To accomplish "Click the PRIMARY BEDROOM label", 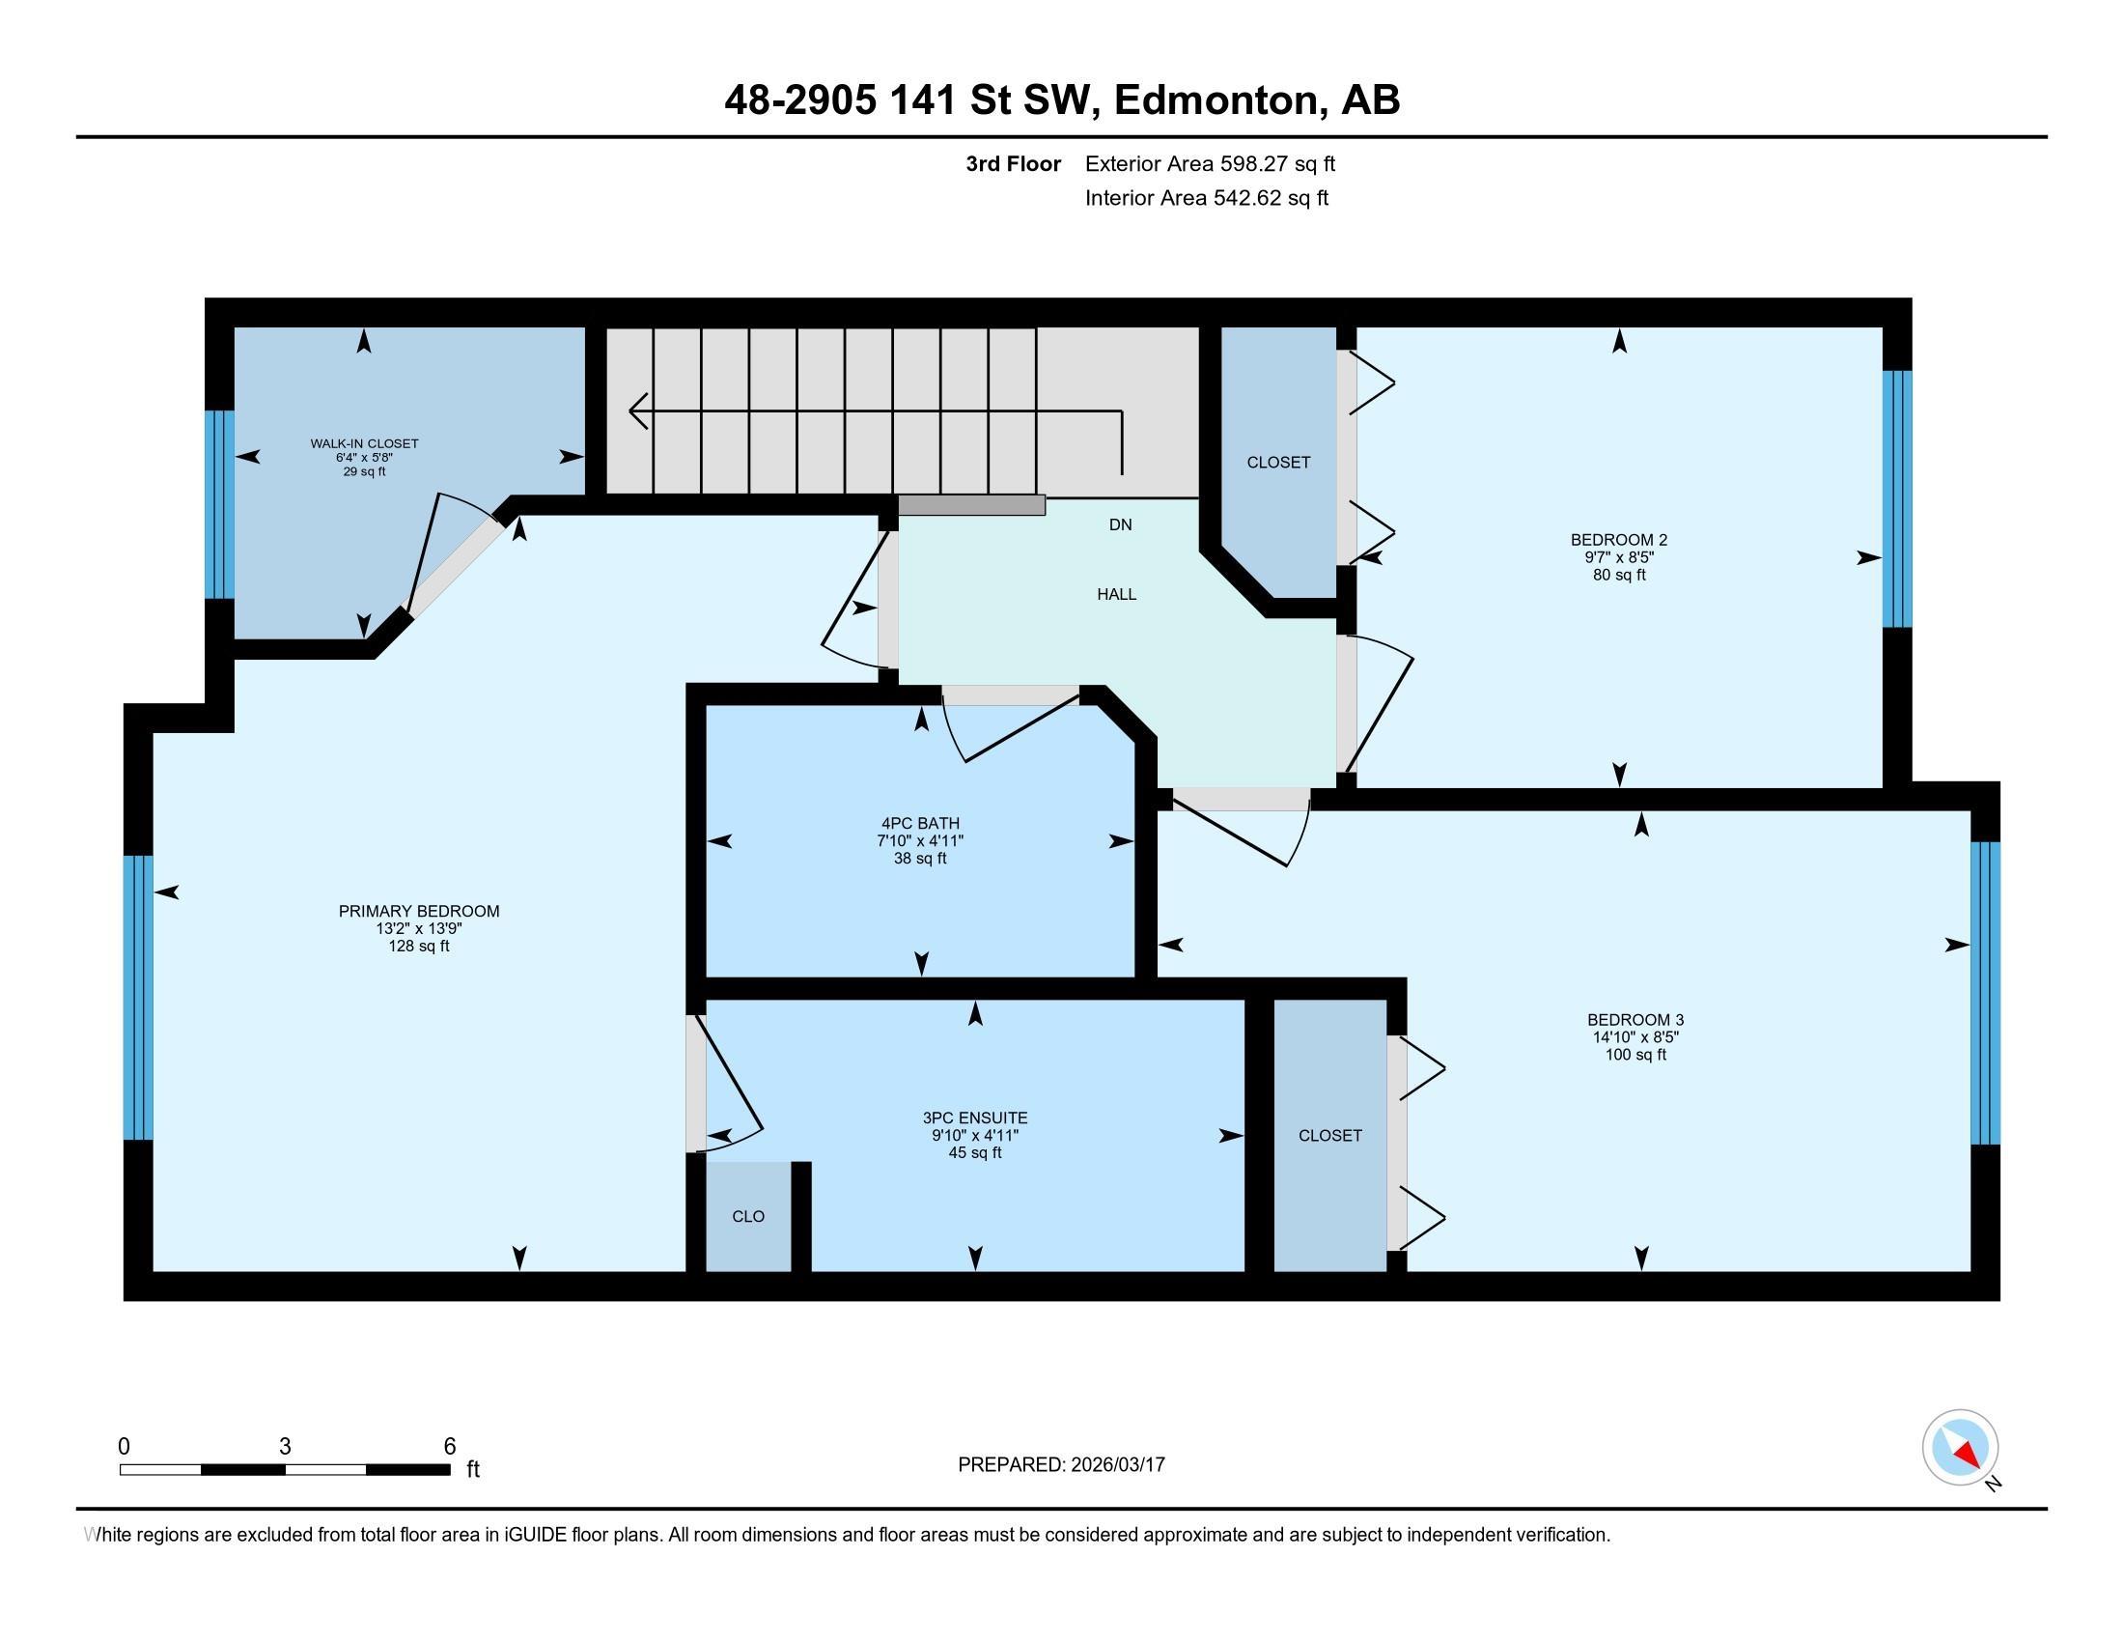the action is click(x=419, y=912).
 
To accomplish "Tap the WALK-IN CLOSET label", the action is click(x=365, y=443).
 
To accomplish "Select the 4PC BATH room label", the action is click(x=920, y=824).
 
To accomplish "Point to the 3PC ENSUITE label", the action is click(x=975, y=1118).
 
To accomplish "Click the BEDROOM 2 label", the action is click(x=1619, y=540).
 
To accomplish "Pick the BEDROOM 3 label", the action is click(x=1635, y=1020).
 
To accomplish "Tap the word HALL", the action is click(x=1116, y=594).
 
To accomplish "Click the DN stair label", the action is click(x=1120, y=525).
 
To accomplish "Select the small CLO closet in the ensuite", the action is click(x=748, y=1217).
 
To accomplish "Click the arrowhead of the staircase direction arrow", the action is click(x=638, y=410).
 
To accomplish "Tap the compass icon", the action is click(x=1961, y=1449).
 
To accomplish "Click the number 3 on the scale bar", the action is click(x=285, y=1447).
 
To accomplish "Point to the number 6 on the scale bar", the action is click(x=449, y=1447).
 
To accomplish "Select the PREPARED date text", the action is click(x=1061, y=1465).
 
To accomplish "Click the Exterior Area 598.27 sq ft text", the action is click(x=1210, y=164).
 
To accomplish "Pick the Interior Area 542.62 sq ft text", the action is click(x=1207, y=198).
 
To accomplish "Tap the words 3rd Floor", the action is click(x=1014, y=164).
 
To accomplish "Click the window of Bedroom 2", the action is click(x=1897, y=499).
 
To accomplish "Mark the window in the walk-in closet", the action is click(x=220, y=505).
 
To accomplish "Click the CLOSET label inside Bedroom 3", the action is click(x=1330, y=1136).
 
